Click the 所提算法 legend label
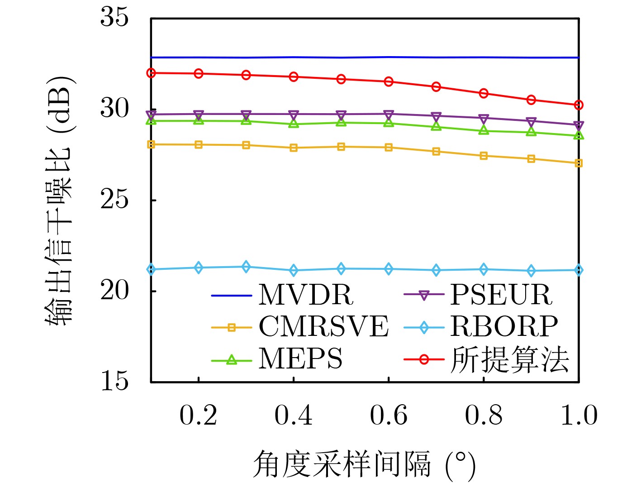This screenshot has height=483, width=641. (509, 360)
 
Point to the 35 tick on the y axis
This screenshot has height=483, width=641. (114, 18)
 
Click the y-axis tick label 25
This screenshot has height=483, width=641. (114, 200)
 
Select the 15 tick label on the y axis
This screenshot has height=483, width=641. (114, 381)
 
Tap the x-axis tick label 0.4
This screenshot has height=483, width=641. (294, 416)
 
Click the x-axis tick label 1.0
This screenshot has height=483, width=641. (579, 416)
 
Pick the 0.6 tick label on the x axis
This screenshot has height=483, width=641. (389, 416)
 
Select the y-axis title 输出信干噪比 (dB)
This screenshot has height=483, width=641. (59, 200)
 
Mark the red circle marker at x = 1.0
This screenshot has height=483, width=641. (579, 105)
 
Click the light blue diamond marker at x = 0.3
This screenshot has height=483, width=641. (246, 267)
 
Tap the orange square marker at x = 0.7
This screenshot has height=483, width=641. (436, 152)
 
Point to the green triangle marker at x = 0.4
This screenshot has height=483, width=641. (294, 123)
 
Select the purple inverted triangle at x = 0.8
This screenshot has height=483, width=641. (484, 119)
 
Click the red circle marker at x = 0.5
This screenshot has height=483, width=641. (341, 79)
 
